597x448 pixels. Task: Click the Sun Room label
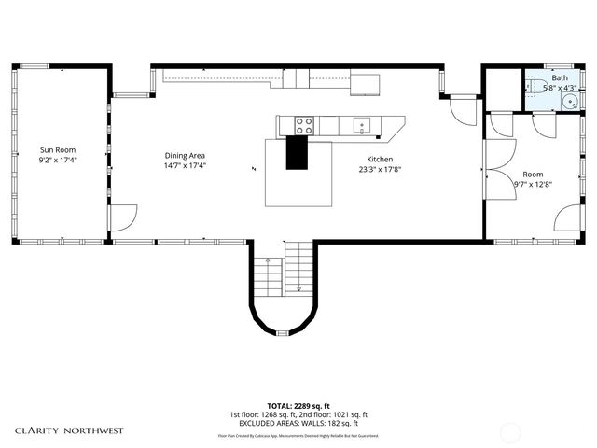click(x=57, y=149)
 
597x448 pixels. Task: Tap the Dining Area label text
click(x=185, y=155)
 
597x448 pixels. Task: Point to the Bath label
click(x=560, y=78)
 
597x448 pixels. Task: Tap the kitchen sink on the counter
click(x=361, y=123)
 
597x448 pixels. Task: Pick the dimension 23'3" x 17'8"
click(x=380, y=170)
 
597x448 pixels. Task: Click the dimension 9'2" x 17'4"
click(x=57, y=160)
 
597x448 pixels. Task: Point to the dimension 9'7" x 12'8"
click(x=533, y=184)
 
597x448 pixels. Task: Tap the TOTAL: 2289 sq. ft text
click(x=298, y=406)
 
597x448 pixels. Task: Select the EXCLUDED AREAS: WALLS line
click(x=298, y=423)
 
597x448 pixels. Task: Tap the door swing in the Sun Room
click(x=122, y=220)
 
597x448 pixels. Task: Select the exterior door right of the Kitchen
click(x=461, y=111)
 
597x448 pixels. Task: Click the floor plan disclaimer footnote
click(x=298, y=436)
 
